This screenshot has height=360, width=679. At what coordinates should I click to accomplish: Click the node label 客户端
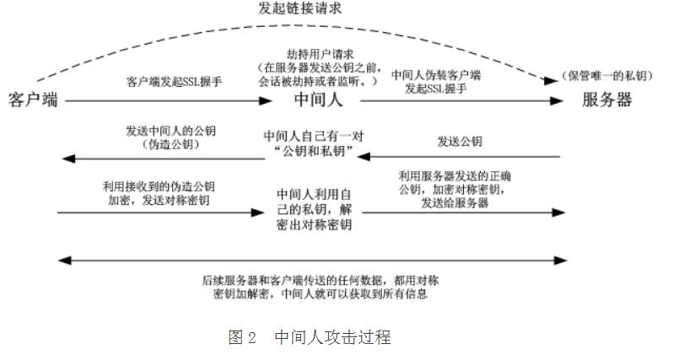pos(33,99)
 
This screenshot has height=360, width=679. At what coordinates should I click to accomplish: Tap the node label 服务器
pos(606,99)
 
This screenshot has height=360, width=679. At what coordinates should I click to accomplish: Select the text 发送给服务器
pos(455,203)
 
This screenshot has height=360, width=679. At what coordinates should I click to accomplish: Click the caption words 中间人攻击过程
pos(331,338)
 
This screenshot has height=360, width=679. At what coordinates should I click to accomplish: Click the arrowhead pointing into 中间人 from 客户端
pos(263,100)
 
